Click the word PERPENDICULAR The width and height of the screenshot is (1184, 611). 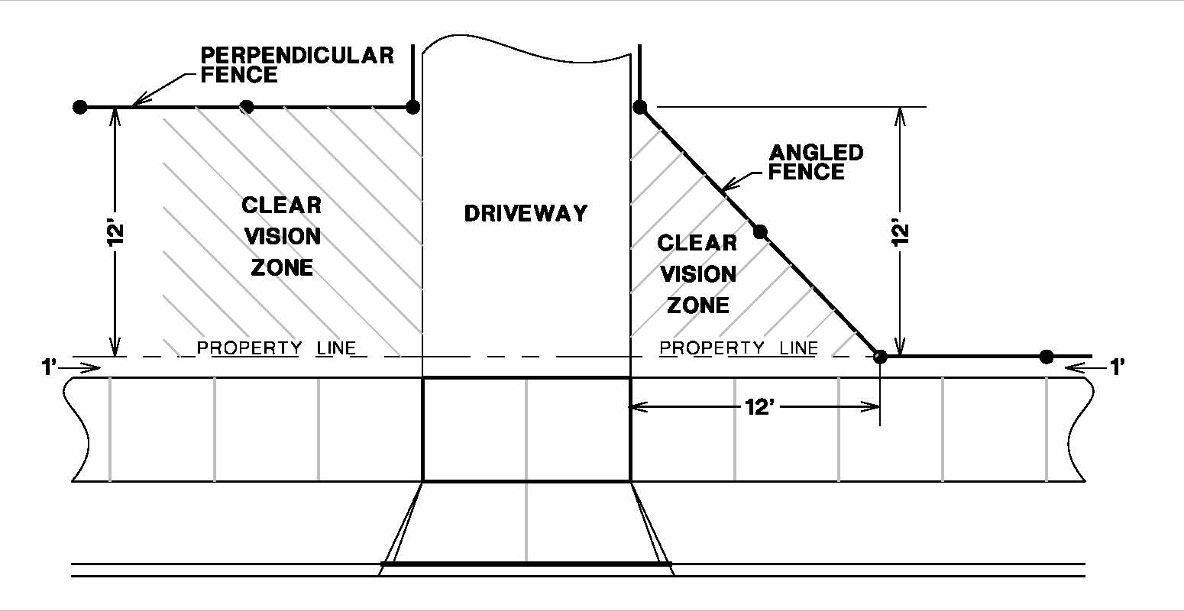click(x=297, y=56)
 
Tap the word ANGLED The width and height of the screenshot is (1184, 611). click(x=816, y=153)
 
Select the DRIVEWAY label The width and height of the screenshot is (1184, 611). click(x=526, y=213)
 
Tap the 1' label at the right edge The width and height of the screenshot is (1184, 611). click(x=1117, y=367)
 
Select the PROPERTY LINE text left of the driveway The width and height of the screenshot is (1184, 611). click(x=277, y=348)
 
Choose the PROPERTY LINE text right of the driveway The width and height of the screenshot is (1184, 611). click(x=739, y=348)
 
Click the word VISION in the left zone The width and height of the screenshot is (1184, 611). click(x=282, y=236)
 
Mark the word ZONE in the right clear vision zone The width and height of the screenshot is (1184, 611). click(x=698, y=305)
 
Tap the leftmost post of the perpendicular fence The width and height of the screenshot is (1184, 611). click(x=79, y=107)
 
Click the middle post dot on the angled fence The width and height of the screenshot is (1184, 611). click(x=759, y=231)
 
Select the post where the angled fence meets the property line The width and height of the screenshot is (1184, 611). click(x=880, y=357)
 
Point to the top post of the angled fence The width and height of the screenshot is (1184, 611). click(x=640, y=107)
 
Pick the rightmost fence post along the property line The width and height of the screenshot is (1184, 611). click(x=1047, y=357)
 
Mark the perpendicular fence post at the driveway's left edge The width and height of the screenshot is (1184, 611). click(x=412, y=107)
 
